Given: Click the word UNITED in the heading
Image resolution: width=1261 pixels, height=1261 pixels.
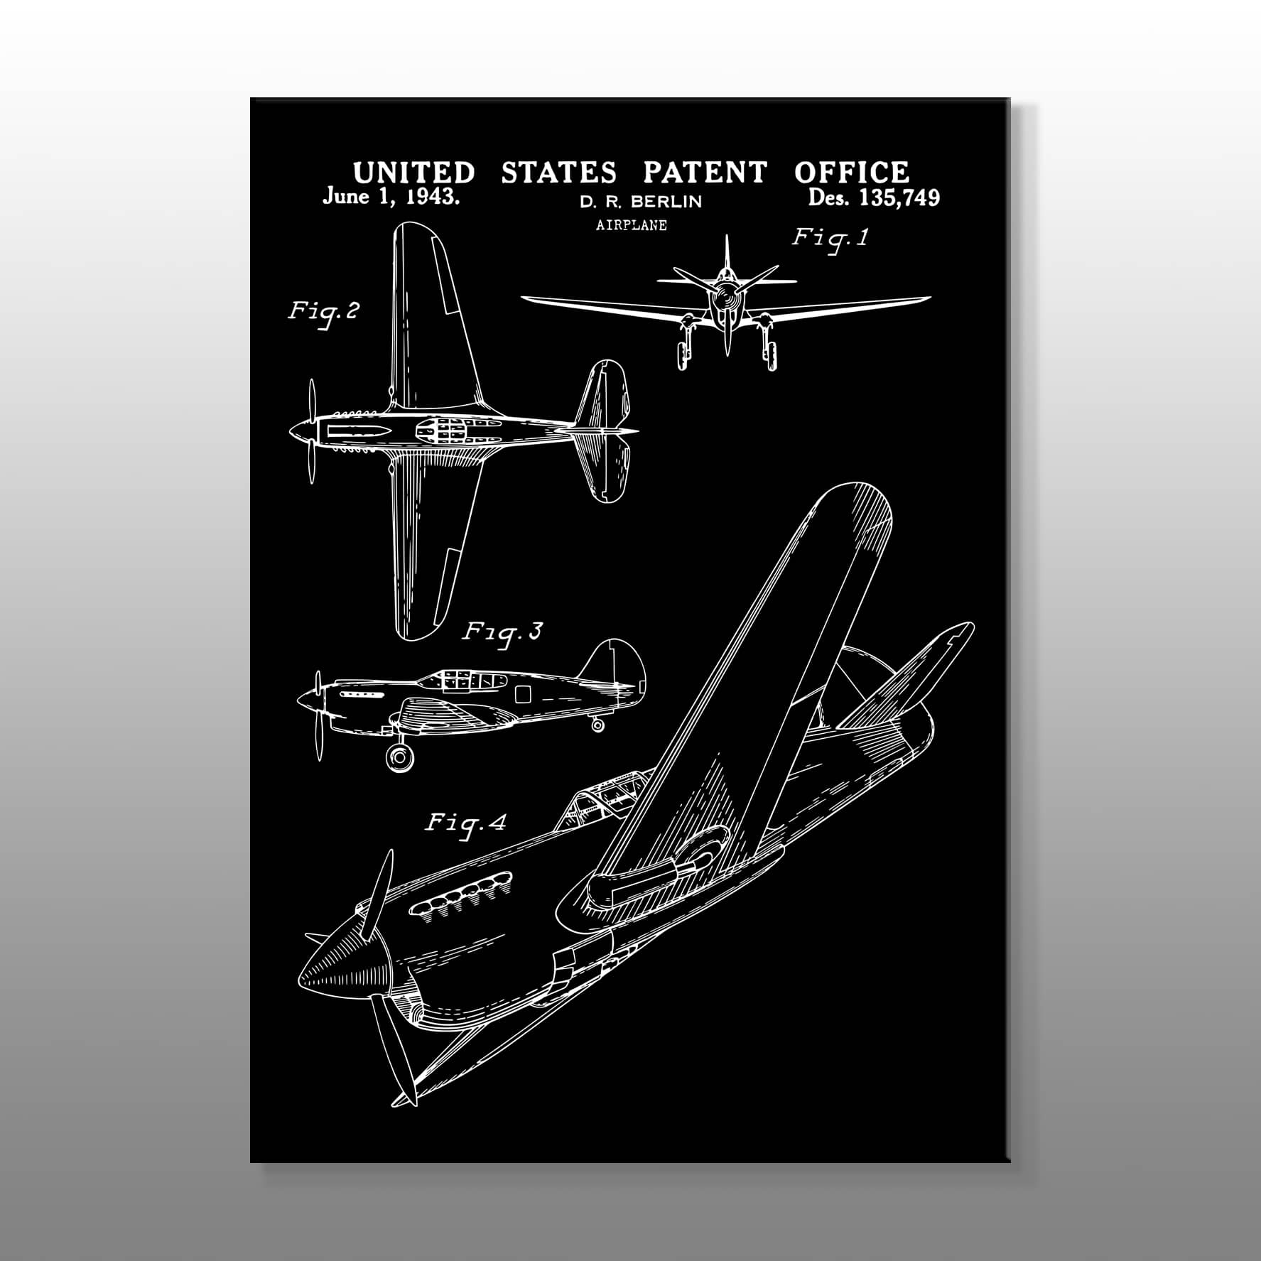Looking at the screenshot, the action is pyautogui.click(x=414, y=173).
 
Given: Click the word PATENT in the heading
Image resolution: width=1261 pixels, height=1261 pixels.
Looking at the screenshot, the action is pyautogui.click(x=705, y=173).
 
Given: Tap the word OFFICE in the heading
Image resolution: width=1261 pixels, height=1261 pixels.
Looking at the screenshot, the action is pyautogui.click(x=852, y=173).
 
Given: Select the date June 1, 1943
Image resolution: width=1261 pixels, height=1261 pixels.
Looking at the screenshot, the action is pyautogui.click(x=391, y=197).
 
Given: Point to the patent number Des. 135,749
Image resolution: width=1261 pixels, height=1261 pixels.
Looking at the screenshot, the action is pyautogui.click(x=874, y=197).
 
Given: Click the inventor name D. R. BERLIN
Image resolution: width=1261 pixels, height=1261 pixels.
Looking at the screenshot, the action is pyautogui.click(x=641, y=202).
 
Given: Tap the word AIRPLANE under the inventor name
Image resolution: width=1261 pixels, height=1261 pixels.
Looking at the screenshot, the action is pyautogui.click(x=632, y=225).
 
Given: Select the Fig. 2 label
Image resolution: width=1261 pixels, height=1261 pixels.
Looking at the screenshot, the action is pyautogui.click(x=323, y=313).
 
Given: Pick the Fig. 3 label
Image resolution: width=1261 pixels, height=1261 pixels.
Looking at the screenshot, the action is pyautogui.click(x=502, y=632).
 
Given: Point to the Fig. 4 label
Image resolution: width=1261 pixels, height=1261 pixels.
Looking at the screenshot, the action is pyautogui.click(x=466, y=824).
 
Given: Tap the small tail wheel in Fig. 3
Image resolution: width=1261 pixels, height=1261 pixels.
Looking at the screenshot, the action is pyautogui.click(x=597, y=725).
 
